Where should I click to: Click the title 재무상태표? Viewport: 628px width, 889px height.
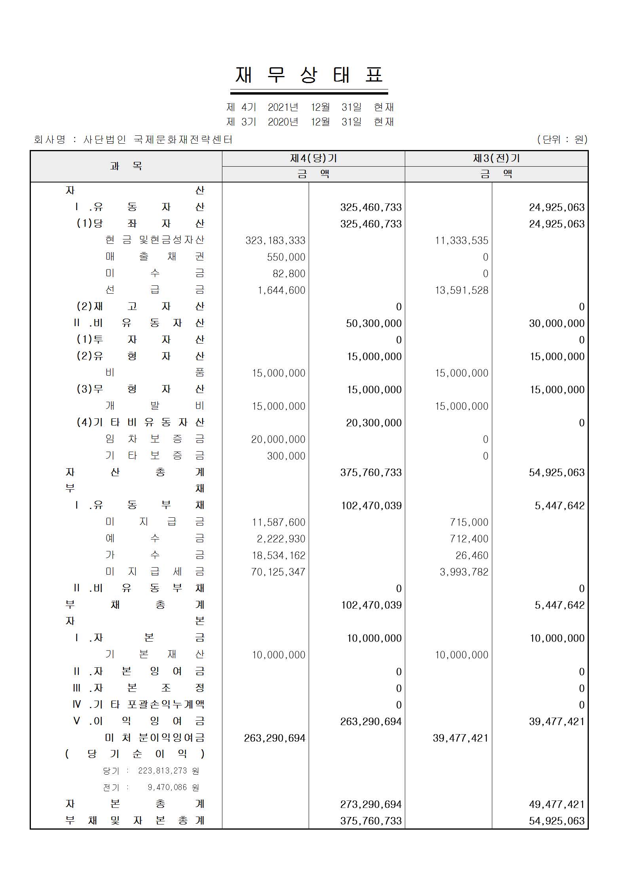pyautogui.click(x=309, y=75)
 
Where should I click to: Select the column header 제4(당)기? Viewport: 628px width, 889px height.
pyautogui.click(x=313, y=158)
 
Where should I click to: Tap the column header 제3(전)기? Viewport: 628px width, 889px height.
pyautogui.click(x=496, y=158)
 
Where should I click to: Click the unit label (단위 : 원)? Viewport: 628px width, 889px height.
pyautogui.click(x=562, y=139)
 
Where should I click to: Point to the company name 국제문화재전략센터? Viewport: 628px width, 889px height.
pyautogui.click(x=183, y=139)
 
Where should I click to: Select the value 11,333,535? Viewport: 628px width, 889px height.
pyautogui.click(x=461, y=240)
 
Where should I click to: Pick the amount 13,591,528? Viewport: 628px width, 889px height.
pyautogui.click(x=461, y=290)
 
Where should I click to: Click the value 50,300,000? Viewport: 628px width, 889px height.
pyautogui.click(x=374, y=323)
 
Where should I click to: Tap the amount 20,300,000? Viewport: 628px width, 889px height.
pyautogui.click(x=374, y=423)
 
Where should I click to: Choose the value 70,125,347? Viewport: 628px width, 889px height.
pyautogui.click(x=278, y=572)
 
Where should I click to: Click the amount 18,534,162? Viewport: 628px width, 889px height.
pyautogui.click(x=279, y=555)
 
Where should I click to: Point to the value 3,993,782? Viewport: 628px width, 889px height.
pyautogui.click(x=464, y=572)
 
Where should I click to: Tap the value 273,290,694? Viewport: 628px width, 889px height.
pyautogui.click(x=371, y=804)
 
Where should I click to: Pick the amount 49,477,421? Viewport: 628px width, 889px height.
pyautogui.click(x=556, y=804)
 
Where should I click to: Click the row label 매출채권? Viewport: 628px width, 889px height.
pyautogui.click(x=155, y=256)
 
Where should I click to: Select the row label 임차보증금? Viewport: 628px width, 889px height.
pyautogui.click(x=155, y=439)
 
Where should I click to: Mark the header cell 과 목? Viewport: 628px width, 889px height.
pyautogui.click(x=126, y=166)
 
